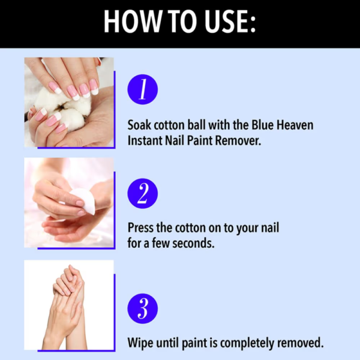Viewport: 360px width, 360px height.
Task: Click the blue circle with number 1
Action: point(143,90)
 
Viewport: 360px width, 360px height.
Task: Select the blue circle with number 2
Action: point(143,193)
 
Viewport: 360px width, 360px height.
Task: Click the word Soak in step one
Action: point(140,126)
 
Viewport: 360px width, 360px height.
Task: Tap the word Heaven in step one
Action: point(293,126)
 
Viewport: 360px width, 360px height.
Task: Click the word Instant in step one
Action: point(146,140)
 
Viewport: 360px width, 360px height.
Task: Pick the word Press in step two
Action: point(141,229)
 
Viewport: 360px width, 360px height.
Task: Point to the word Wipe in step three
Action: point(140,343)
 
